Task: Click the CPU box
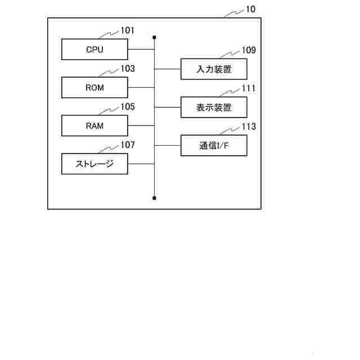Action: coord(94,49)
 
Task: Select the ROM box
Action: coord(94,88)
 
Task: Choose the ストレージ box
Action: coord(94,164)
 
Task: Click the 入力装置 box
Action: coord(214,69)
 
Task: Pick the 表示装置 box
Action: coord(214,107)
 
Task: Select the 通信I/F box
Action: coord(214,146)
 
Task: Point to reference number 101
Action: coord(128,30)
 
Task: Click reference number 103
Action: coord(128,69)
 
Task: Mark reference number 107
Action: coord(128,145)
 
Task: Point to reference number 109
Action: coord(249,50)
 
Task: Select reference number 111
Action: coord(249,88)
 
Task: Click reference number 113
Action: coord(249,127)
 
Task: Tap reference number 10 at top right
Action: coord(250,10)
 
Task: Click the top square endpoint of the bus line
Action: coord(154,38)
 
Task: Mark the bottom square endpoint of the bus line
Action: coord(154,198)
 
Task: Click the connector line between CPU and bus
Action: coord(141,49)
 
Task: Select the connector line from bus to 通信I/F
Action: coord(168,146)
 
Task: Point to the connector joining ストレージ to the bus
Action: coord(141,164)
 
